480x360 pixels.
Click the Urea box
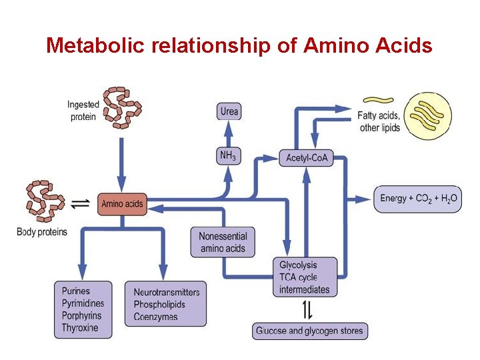229,111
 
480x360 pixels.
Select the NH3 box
228,156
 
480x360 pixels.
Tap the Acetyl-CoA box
305,158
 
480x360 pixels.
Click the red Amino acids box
122,203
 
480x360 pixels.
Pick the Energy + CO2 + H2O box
418,199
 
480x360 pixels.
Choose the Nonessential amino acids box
223,243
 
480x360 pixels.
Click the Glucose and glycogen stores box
310,331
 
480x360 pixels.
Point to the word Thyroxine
80,328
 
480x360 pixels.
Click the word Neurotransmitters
166,293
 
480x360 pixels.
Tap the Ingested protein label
83,111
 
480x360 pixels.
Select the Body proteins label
42,232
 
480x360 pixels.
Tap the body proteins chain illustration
44,200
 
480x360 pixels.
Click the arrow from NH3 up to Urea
228,133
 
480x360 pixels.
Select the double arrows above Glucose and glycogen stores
307,310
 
